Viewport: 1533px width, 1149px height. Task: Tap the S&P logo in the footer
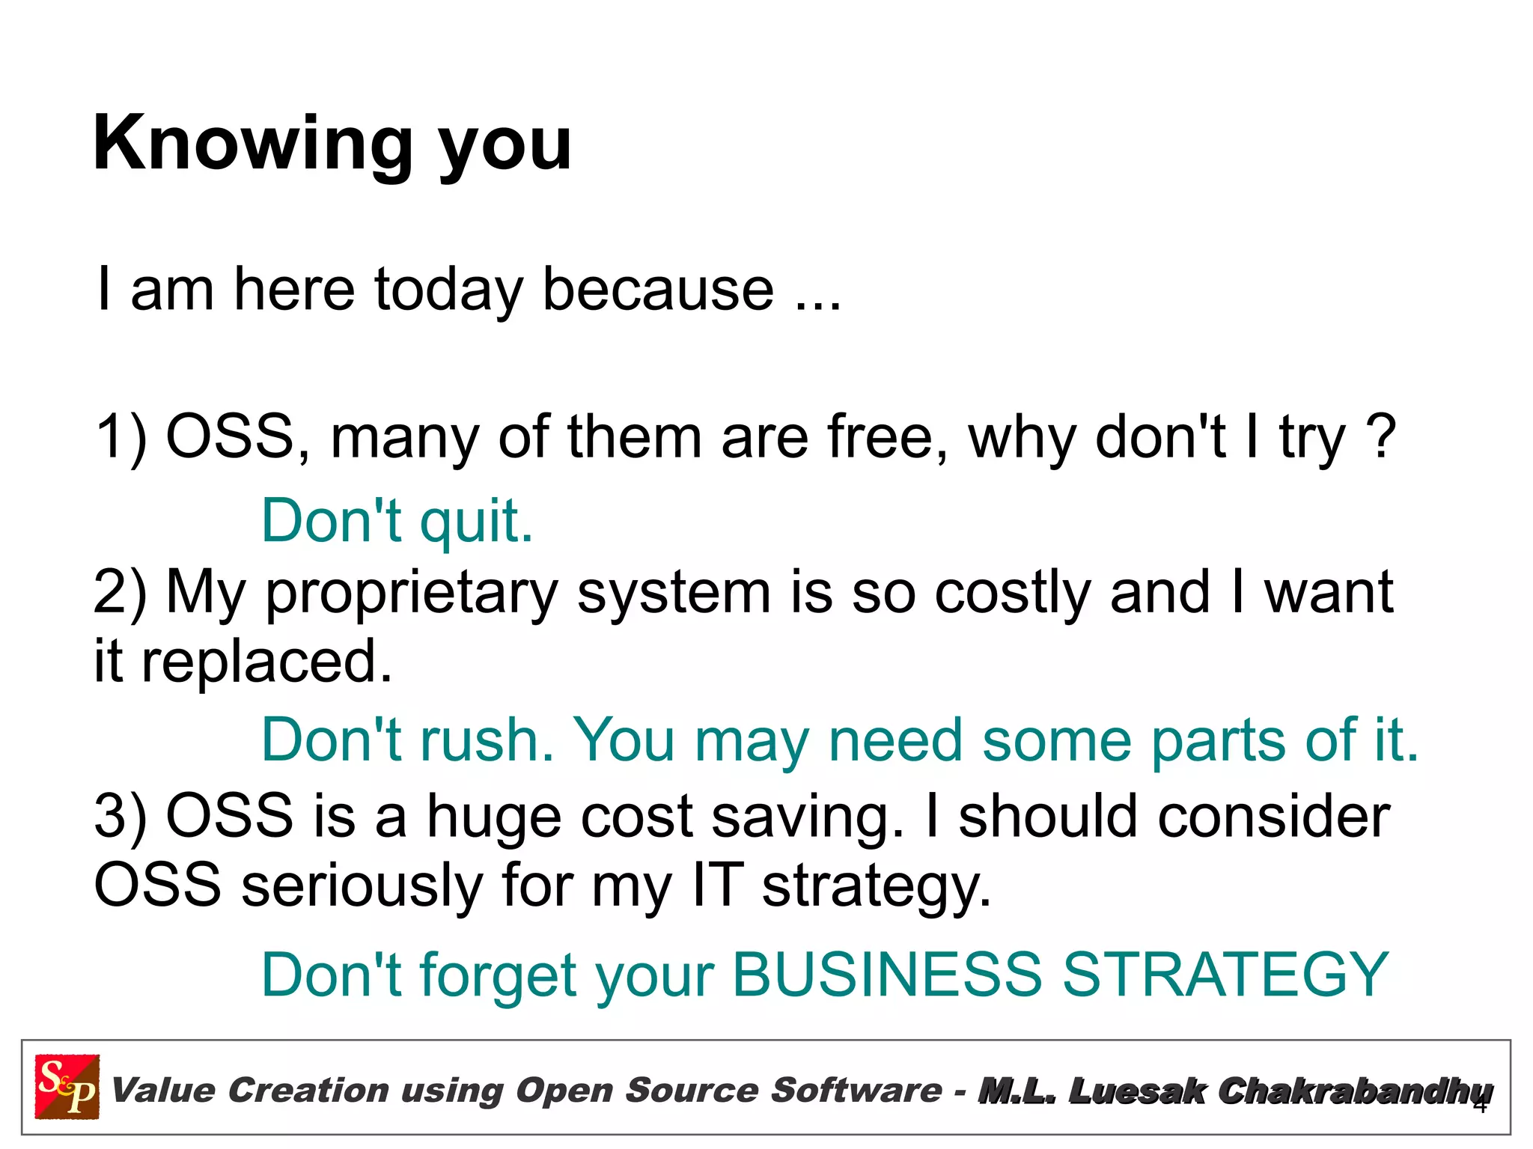[67, 1086]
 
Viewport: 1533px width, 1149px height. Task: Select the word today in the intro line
[448, 290]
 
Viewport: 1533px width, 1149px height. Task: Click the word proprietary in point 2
[412, 594]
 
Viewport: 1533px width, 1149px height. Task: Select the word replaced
[266, 662]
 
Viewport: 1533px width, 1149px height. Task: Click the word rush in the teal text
[487, 740]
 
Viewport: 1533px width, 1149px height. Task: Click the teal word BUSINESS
[886, 975]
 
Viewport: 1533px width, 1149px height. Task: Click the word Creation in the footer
[308, 1090]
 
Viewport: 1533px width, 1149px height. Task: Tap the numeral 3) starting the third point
[121, 816]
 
